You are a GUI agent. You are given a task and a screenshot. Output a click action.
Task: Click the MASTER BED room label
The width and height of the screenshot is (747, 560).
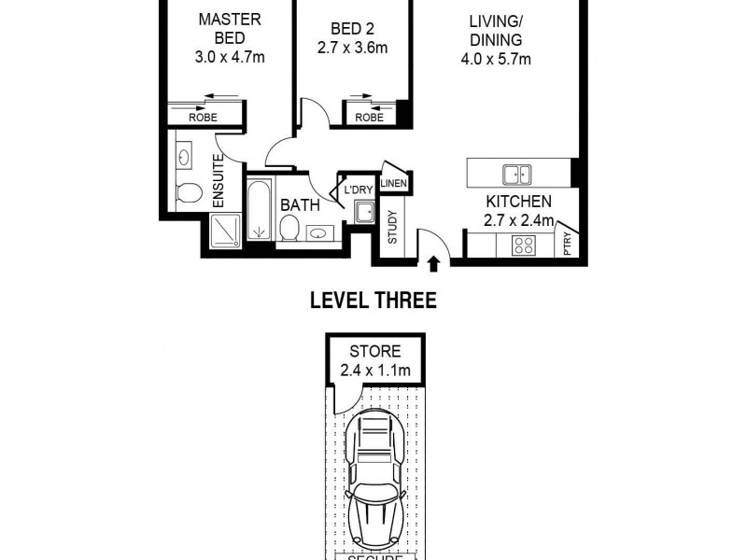point(230,28)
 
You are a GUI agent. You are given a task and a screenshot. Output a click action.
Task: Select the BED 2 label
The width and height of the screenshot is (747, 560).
point(353,28)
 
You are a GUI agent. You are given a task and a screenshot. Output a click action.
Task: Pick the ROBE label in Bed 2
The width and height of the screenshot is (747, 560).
point(369,118)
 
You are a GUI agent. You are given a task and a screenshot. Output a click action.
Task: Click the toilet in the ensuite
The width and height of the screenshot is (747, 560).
point(190,193)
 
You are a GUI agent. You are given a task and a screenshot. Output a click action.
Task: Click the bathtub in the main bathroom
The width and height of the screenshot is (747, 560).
point(259,210)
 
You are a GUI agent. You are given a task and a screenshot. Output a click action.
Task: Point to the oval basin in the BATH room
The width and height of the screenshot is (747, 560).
point(318,233)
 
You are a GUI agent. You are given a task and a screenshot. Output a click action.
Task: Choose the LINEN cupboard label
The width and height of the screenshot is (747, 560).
point(393,184)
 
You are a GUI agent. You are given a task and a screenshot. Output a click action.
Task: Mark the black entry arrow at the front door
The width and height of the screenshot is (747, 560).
point(433,265)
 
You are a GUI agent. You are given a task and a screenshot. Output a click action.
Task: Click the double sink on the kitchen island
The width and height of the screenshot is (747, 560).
point(515,174)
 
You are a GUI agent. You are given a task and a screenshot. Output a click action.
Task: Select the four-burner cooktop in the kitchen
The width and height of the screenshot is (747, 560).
point(523,245)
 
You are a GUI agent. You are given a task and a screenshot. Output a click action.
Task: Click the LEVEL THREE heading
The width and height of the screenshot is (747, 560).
point(373,301)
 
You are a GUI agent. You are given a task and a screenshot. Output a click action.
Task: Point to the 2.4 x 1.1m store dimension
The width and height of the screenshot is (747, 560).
point(374,371)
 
